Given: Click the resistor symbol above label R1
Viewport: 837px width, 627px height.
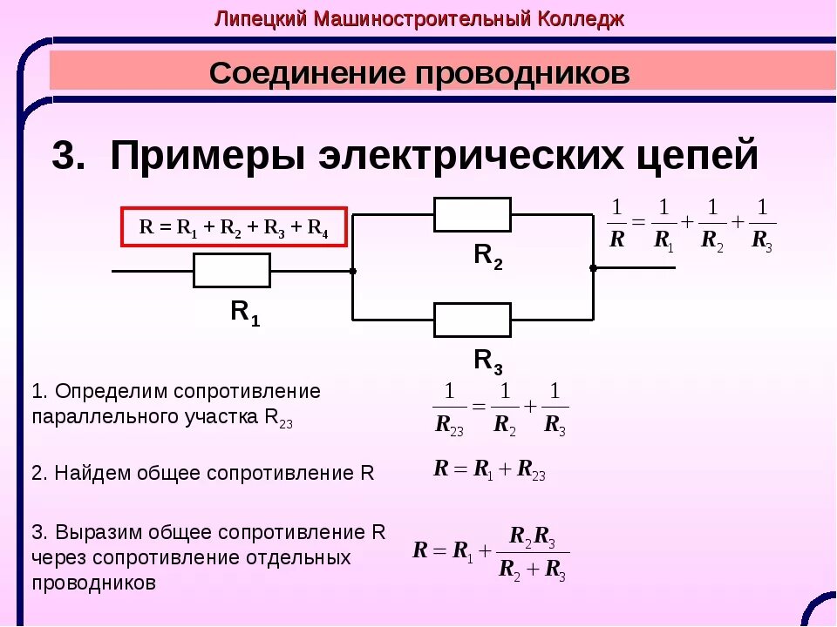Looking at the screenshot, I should pyautogui.click(x=231, y=271).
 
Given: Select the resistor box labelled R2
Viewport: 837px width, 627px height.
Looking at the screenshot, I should pyautogui.click(x=472, y=214).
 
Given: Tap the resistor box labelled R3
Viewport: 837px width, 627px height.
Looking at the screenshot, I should pyautogui.click(x=472, y=320).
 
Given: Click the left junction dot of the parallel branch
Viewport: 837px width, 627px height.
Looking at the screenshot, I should pyautogui.click(x=352, y=271).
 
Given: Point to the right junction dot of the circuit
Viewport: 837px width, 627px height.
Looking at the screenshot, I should pyautogui.click(x=593, y=268).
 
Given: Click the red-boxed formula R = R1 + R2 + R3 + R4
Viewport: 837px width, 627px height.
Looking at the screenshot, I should pyautogui.click(x=234, y=228).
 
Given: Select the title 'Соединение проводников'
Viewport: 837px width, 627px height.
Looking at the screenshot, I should pyautogui.click(x=419, y=73).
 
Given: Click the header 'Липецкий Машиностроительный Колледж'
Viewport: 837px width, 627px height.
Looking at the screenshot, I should pyautogui.click(x=419, y=19).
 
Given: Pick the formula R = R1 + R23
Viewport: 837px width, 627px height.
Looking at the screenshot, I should pyautogui.click(x=489, y=469).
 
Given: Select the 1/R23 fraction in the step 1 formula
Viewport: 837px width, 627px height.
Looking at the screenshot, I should pyautogui.click(x=449, y=407).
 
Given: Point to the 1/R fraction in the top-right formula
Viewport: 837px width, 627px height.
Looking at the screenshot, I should pyautogui.click(x=616, y=225).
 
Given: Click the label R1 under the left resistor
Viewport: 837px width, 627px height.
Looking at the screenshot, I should pyautogui.click(x=244, y=313).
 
